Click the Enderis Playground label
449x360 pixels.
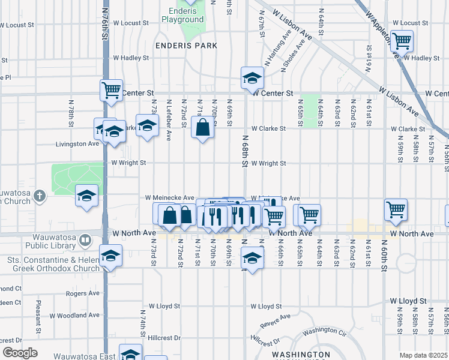(182, 15)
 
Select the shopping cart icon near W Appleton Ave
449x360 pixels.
(402, 41)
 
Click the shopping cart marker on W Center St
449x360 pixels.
(111, 90)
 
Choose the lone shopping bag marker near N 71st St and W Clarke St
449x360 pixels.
(203, 127)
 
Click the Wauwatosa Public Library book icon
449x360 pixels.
(86, 241)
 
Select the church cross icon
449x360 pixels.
(40, 195)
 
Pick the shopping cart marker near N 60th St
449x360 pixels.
(396, 209)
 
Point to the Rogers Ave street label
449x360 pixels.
(83, 293)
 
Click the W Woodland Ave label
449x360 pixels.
(78, 315)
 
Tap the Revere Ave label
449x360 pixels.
(276, 320)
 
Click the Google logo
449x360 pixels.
(20, 353)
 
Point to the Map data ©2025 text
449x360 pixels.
(423, 355)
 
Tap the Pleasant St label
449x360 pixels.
(38, 317)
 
